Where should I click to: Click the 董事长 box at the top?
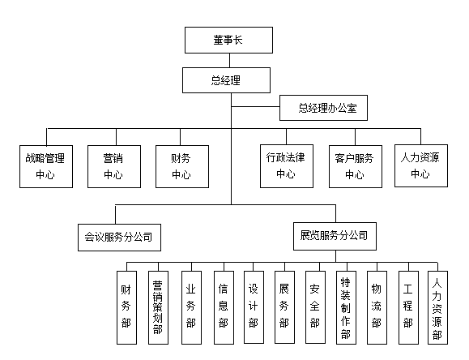(x=228, y=40)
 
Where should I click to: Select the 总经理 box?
(x=228, y=79)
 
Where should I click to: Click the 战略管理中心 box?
(x=45, y=165)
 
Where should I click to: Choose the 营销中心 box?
(x=113, y=165)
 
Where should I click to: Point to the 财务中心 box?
(x=181, y=165)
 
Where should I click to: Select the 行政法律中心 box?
(x=286, y=165)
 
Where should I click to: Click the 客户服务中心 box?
(x=354, y=165)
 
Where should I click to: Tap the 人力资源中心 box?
(x=420, y=165)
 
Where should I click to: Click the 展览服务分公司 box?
(x=333, y=237)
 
